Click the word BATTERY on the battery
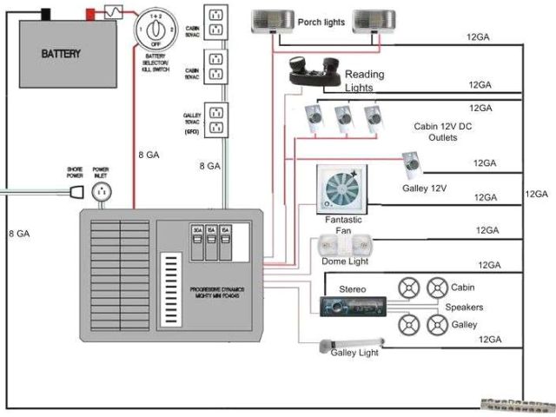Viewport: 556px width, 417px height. pos(62,54)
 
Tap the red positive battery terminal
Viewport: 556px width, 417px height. pos(90,14)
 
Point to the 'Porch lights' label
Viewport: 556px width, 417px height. pos(322,23)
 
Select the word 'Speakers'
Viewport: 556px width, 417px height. pos(464,308)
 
